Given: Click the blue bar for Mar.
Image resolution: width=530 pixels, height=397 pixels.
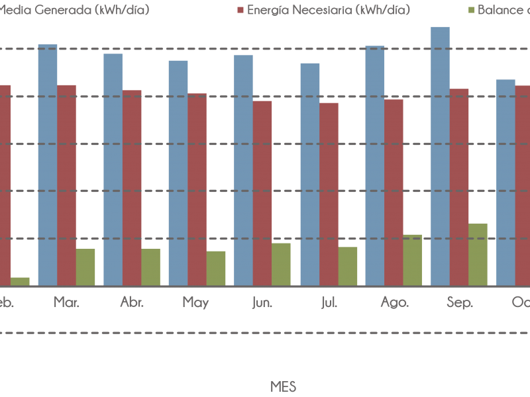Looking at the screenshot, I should click(x=47, y=165).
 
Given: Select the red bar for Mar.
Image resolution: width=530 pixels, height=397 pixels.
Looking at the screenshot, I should click(x=66, y=185).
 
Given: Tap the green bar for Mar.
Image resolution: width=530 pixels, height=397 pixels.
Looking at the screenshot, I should click(x=85, y=267).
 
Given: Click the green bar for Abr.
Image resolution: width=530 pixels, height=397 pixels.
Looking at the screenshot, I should click(x=150, y=267).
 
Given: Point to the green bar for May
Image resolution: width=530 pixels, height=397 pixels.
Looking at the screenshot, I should click(x=216, y=268).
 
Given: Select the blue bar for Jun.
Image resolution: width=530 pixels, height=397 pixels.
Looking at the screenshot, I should click(x=243, y=171).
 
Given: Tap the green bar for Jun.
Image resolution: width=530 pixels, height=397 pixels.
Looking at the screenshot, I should click(x=281, y=264).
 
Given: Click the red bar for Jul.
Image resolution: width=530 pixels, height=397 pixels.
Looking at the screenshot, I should click(x=329, y=195).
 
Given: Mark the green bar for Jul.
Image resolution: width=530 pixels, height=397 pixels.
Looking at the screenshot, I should click(x=348, y=266).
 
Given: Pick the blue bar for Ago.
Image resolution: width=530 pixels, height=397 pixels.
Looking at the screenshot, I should click(x=374, y=166).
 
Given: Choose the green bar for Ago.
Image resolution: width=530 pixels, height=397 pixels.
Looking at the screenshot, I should click(x=412, y=260).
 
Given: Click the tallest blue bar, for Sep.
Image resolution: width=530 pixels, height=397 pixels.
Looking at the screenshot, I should click(x=440, y=156).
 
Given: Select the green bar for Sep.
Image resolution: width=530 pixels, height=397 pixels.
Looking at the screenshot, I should click(x=478, y=255).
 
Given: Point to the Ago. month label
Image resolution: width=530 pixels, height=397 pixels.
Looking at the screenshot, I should click(x=394, y=302).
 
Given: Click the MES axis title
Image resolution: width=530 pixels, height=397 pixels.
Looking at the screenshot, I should click(x=283, y=386).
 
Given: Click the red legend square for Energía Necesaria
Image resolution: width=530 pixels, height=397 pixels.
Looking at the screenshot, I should click(x=240, y=10).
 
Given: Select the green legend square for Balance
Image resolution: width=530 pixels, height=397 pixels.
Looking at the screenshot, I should click(x=471, y=10).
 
